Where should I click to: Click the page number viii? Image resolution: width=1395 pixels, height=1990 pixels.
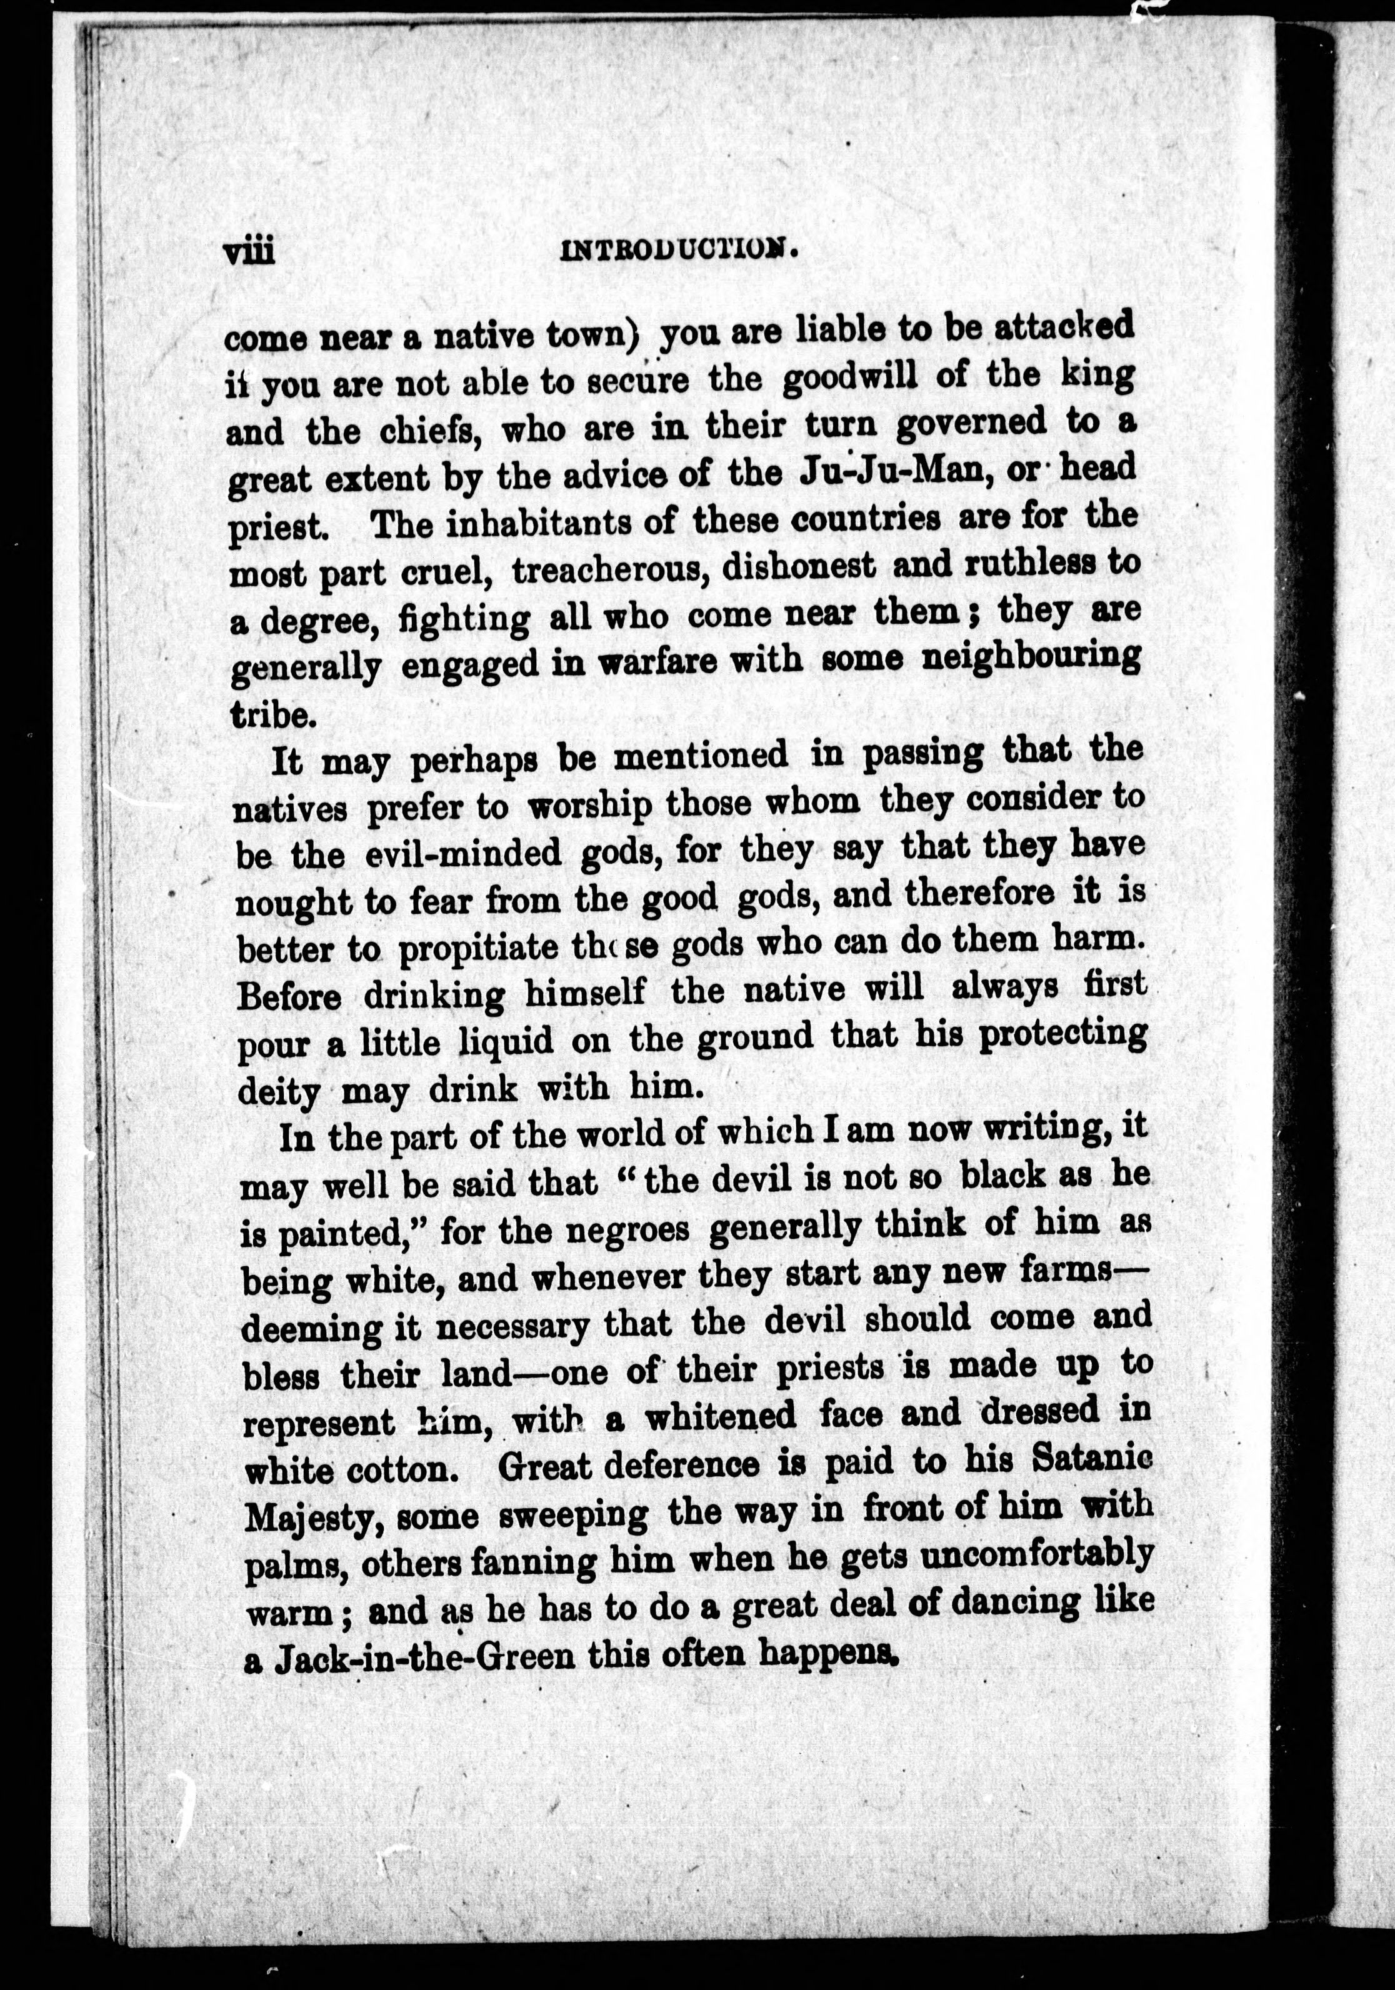249,252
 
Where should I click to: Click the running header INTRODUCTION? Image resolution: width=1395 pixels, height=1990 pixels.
679,251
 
